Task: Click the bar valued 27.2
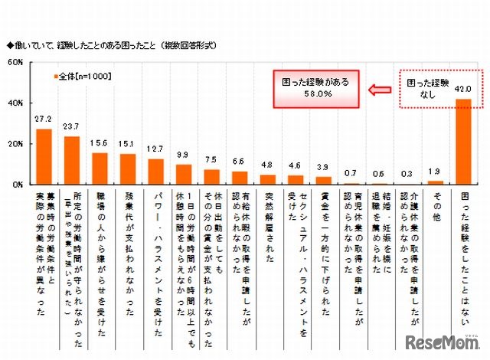coord(44,156)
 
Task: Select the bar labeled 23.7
coord(72,160)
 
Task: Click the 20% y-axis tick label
coord(17,144)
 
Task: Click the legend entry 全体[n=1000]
coord(87,77)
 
